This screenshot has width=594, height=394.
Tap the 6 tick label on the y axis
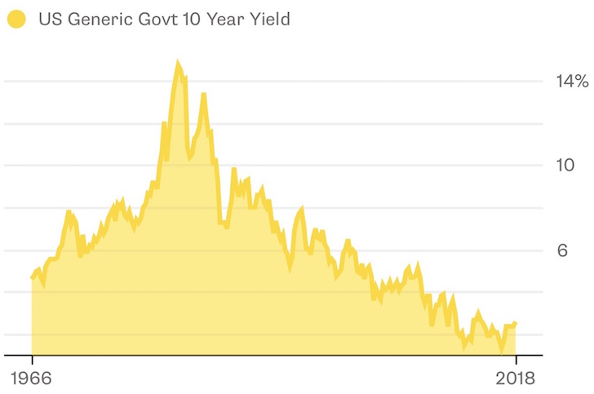(561, 250)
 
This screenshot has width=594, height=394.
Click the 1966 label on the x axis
(32, 379)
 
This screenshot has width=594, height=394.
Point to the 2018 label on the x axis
(516, 379)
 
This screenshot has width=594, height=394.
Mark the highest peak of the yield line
(177, 62)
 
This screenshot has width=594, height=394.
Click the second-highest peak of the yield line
(203, 95)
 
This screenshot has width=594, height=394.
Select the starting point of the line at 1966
(33, 277)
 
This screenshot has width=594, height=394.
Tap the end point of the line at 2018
(515, 324)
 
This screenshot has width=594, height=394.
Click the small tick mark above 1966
(32, 360)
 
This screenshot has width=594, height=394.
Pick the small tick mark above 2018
(516, 360)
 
